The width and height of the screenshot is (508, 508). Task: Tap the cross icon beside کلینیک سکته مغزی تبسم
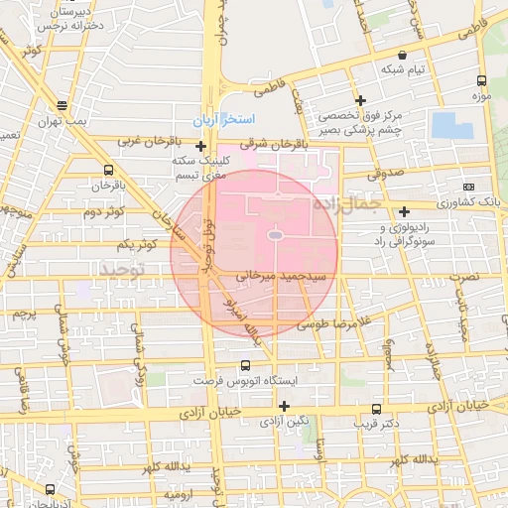(200, 147)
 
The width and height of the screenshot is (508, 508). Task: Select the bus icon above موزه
(481, 81)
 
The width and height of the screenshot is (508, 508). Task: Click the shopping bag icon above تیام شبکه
(402, 56)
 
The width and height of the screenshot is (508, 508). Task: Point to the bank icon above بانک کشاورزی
(468, 187)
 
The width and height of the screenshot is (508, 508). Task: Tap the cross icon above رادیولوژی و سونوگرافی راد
(404, 211)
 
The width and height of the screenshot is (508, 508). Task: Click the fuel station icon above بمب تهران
(62, 104)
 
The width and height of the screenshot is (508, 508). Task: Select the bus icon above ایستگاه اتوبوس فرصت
(247, 365)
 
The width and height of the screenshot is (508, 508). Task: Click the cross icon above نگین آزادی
(285, 405)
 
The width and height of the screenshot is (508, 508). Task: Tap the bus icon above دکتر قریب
(375, 409)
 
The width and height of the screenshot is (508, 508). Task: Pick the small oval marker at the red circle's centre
(275, 235)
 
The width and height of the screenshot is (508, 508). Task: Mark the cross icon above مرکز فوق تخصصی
(360, 100)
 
